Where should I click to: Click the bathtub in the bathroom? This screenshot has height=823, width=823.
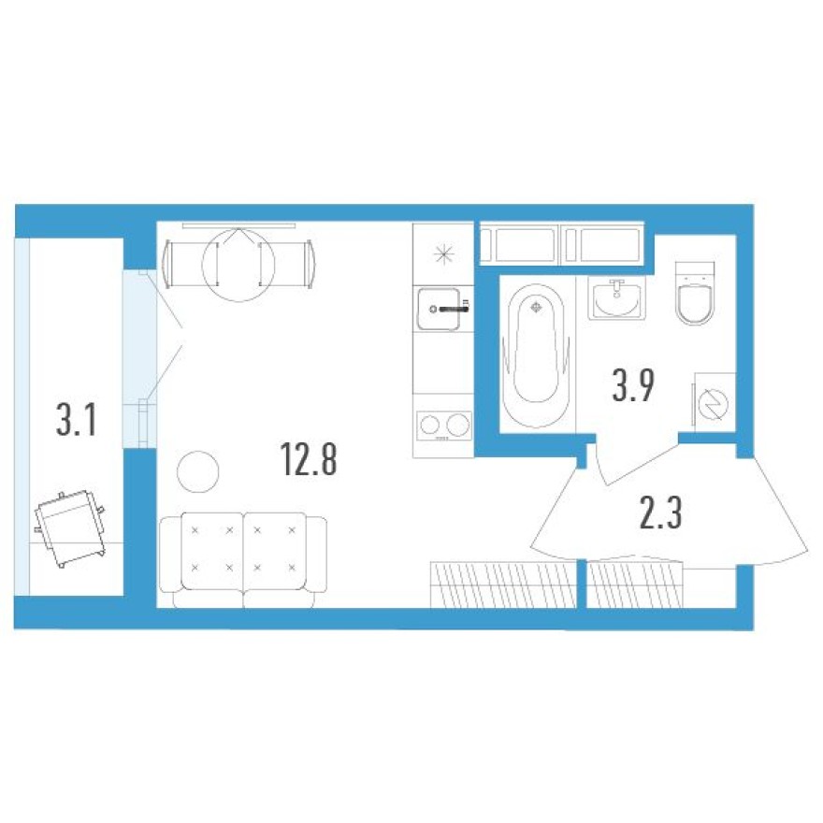[535, 355]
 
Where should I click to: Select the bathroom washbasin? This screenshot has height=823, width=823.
[616, 299]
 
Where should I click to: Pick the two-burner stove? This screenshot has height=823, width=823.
[443, 426]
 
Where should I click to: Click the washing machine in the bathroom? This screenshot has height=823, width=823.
[714, 400]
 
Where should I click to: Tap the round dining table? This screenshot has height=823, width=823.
[238, 265]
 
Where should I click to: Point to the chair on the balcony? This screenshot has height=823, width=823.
[71, 527]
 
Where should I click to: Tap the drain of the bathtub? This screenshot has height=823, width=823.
[535, 306]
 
